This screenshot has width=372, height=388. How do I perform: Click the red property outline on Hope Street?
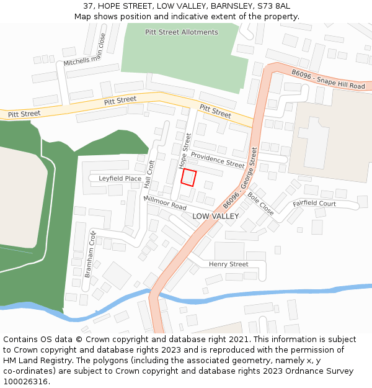coord(189,178)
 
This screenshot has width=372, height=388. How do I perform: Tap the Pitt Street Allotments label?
coord(182,32)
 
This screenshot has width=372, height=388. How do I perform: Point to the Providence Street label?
coord(218,160)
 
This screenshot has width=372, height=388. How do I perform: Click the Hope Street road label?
coord(185,151)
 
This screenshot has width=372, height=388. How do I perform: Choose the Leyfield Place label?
coord(120,179)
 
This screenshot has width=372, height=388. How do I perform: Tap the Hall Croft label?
coord(148,174)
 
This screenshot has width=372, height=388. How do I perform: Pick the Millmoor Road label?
coord(165,202)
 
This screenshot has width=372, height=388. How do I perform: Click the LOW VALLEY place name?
coord(215,216)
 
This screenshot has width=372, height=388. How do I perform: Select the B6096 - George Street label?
coord(240,177)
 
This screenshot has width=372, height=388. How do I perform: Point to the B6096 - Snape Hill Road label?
coord(328,80)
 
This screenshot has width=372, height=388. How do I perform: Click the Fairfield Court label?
coord(314,204)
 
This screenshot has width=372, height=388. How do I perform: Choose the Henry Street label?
coord(228,264)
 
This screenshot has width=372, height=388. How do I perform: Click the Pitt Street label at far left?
coord(24,114)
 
